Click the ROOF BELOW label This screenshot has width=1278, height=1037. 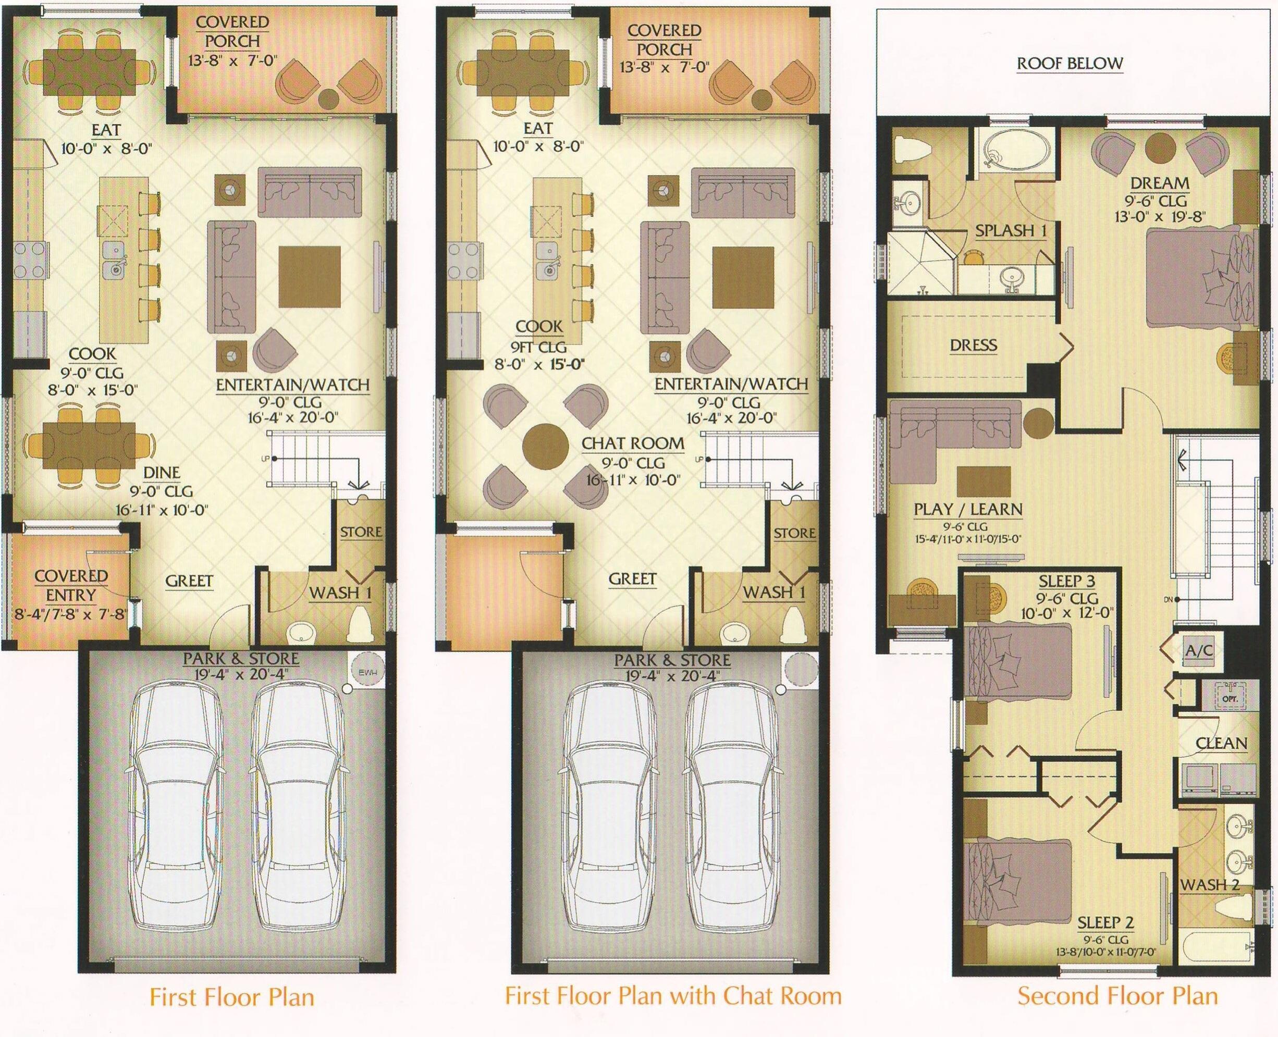pos(1070,64)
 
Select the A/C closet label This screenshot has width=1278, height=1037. pos(1199,650)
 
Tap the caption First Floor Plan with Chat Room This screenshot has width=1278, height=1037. pos(673,995)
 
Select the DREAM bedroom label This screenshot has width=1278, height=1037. pos(1159,182)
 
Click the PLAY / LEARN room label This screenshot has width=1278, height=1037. pos(968,509)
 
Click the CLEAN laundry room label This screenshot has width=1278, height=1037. pos(1221,743)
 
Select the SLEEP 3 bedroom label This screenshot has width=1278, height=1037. pos(1067,581)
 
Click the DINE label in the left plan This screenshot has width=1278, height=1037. pos(162,473)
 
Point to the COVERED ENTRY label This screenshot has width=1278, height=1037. pos(71,585)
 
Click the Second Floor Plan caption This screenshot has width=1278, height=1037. pos(1117,996)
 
